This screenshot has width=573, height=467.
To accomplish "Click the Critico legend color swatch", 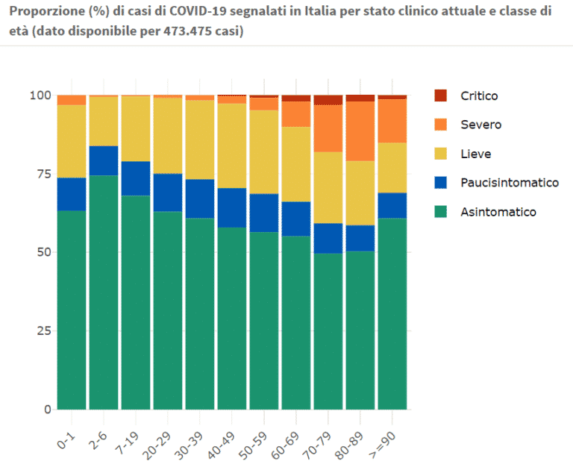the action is coord(441,95).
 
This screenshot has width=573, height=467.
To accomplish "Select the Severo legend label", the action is coord(481,125).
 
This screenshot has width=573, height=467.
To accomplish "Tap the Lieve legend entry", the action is coord(475,154).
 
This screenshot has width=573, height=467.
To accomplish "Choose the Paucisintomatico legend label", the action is coord(510,182).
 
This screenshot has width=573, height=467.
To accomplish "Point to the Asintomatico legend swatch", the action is coord(441,212).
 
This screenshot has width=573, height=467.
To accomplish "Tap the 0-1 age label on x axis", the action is coord(66,440).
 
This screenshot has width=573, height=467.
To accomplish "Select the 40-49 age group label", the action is coord(221,445).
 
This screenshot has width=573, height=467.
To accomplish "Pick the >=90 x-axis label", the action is coord(382,444).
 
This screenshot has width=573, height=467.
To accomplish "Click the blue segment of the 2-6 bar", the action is coord(104,161).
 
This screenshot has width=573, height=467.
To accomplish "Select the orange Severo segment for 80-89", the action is coord(360,131).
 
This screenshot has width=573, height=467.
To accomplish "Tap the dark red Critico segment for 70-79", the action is coord(328,100).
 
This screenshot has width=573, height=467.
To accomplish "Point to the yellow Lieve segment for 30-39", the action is coord(200,140).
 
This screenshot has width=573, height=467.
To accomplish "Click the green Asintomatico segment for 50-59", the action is coord(264,321).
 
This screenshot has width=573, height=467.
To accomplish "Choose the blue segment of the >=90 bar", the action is coord(392,206).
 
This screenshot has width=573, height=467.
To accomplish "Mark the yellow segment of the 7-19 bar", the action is coord(136,129).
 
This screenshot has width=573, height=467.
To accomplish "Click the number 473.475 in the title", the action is coord(187,31).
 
